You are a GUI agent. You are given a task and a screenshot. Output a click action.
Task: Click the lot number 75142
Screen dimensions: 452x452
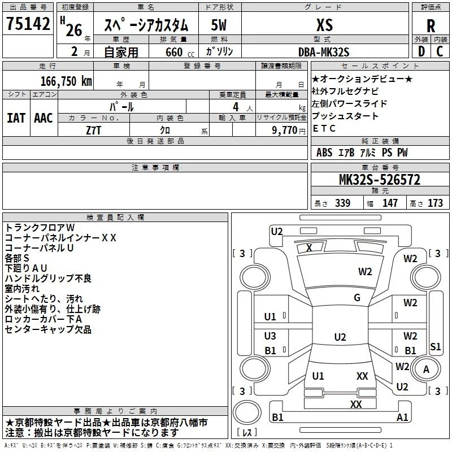[x=28, y=23]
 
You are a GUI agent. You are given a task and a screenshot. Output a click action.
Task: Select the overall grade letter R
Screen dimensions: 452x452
[x=431, y=26]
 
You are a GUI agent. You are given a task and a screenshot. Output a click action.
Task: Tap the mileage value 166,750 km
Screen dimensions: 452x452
[x=66, y=81]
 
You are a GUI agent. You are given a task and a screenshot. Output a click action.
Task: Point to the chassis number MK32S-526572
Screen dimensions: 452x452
[x=380, y=179]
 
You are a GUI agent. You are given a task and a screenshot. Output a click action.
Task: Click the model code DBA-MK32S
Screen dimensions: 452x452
[x=324, y=52]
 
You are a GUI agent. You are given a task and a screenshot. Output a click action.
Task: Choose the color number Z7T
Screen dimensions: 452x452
[x=94, y=131]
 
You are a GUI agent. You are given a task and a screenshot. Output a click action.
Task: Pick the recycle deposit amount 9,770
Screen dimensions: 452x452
[x=285, y=131]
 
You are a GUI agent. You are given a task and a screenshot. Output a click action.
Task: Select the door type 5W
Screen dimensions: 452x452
[x=219, y=25]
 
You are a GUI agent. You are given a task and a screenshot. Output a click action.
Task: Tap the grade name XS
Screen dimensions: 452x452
[x=324, y=25]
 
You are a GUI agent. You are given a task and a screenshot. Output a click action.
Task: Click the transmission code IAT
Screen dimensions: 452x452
[x=16, y=118]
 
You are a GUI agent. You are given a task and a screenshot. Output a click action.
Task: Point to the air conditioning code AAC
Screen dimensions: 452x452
[x=44, y=118]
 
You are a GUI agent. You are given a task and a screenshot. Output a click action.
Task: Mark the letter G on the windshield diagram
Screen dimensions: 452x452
[x=357, y=298]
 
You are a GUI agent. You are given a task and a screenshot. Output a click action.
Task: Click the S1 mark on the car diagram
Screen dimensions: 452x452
[x=435, y=346]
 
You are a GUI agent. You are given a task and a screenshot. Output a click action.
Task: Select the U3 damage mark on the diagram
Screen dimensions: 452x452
[x=270, y=336]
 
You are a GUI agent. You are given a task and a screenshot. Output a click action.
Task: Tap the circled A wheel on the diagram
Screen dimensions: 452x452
[x=426, y=370]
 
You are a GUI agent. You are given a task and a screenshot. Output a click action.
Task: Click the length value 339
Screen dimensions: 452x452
[x=343, y=203]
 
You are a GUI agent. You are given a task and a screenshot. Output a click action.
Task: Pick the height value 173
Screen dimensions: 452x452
[x=435, y=203]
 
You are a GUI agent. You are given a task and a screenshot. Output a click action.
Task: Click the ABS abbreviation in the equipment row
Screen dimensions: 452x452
[x=324, y=153]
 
